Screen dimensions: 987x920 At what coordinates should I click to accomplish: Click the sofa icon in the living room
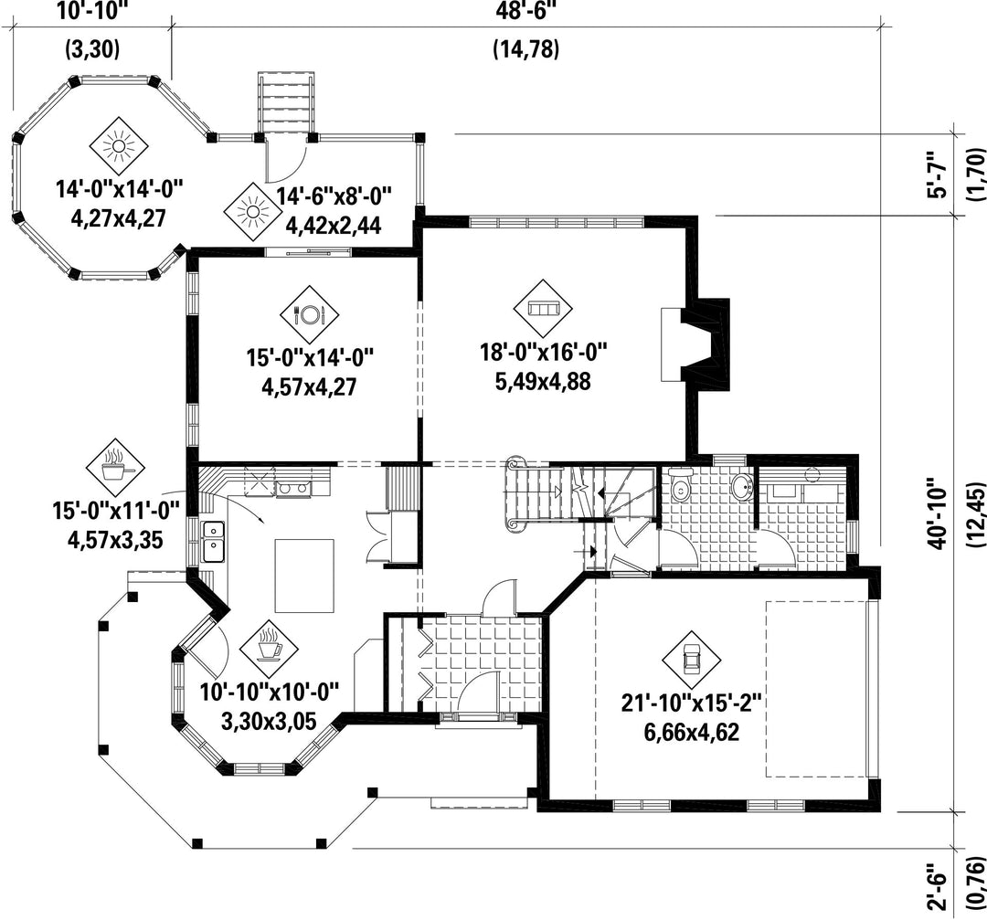[x=543, y=309]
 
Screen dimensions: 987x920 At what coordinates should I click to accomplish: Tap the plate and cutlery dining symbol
[x=309, y=314]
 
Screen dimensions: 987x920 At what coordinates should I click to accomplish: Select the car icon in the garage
[x=692, y=659]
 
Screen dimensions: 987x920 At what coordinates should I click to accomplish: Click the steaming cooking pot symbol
[x=115, y=468]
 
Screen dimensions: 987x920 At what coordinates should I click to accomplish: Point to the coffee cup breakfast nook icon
[x=270, y=644]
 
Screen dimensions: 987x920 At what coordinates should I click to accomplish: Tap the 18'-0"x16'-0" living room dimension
[x=543, y=353]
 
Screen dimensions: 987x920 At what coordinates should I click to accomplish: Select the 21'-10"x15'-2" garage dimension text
[x=692, y=703]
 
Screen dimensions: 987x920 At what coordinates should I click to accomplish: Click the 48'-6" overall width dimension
[x=525, y=11]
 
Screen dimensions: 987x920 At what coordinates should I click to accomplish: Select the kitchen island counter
[x=304, y=576]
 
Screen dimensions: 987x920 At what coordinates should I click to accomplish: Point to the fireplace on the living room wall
[x=695, y=344]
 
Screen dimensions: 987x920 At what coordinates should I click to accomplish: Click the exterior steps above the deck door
[x=286, y=102]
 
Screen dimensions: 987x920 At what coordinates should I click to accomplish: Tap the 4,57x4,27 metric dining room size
[x=309, y=386]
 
